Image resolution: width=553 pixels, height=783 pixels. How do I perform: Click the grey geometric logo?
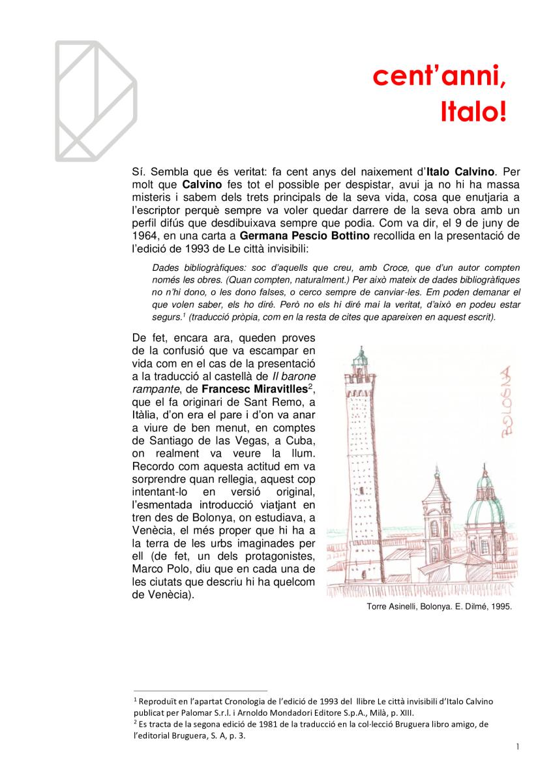[95, 100]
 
